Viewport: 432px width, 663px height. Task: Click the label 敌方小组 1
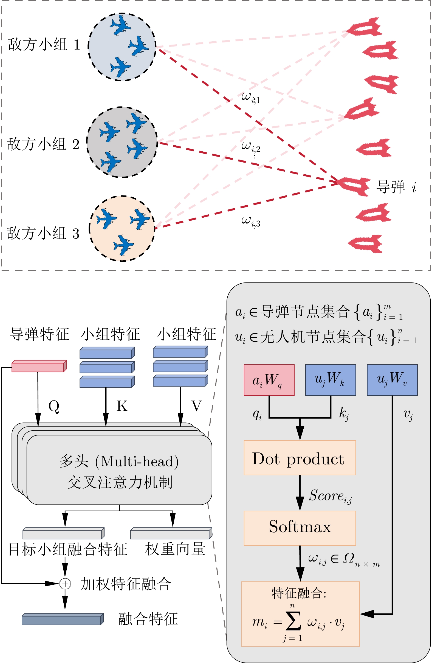coord(44,45)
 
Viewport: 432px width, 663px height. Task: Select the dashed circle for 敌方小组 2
coord(122,142)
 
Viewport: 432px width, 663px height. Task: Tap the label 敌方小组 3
coord(43,233)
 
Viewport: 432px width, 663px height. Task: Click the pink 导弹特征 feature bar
coord(39,366)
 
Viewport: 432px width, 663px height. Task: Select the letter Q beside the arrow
coord(53,406)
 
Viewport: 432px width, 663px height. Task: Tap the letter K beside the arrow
coord(122,406)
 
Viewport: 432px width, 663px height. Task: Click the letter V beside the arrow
coord(196,406)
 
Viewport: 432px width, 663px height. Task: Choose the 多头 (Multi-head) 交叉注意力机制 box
coord(119,471)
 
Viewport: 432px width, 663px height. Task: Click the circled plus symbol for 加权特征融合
coord(65,584)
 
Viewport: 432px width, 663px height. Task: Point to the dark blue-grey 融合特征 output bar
coord(63,619)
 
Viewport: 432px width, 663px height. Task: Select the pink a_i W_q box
coord(269,380)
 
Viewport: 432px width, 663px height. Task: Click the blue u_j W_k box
coord(330,380)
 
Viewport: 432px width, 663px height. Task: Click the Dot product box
coord(300,458)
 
